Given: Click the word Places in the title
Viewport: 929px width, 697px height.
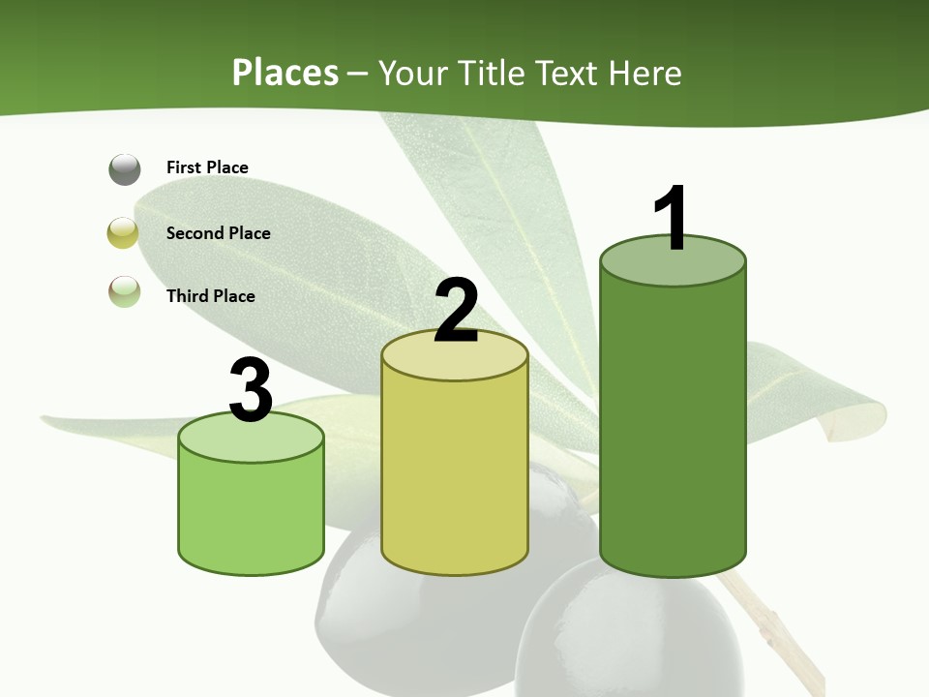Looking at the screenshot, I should click(x=285, y=73).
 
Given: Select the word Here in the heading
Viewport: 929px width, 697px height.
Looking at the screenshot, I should click(x=646, y=73).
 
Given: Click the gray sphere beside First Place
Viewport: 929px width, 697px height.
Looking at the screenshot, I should click(x=125, y=169).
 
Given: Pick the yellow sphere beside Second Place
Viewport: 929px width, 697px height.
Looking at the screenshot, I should click(x=124, y=233).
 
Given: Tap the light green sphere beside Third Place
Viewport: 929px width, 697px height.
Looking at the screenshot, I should click(x=124, y=291).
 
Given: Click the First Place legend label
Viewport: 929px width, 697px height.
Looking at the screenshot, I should click(x=207, y=167).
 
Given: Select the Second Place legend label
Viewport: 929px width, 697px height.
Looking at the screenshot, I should click(x=218, y=233).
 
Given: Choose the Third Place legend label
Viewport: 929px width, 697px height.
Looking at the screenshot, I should click(x=210, y=296).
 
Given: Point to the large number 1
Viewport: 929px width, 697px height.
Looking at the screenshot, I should click(x=671, y=219).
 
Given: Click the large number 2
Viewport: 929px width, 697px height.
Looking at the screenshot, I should click(x=456, y=311).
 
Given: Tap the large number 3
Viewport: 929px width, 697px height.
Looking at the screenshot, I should click(x=251, y=391).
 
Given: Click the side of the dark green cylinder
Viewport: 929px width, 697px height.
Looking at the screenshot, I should click(x=673, y=426).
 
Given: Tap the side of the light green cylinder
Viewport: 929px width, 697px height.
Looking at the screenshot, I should click(x=251, y=513).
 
